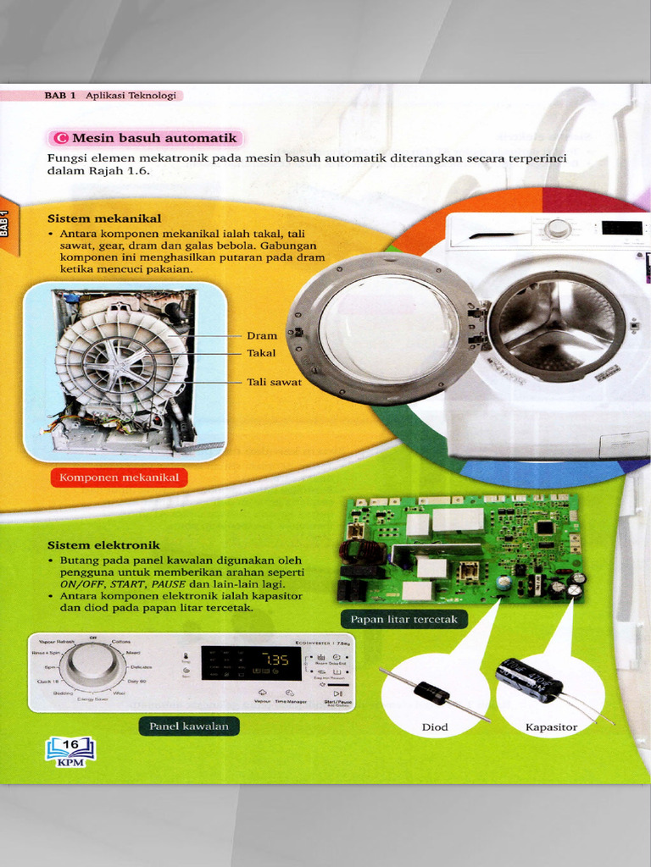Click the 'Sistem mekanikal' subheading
pos(103,218)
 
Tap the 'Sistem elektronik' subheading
pos(103,545)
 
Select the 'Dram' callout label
pos(262,336)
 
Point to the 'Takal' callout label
pos(261,353)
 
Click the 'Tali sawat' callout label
pos(274,382)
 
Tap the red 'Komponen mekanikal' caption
pos(120,478)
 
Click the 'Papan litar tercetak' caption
pos(403,619)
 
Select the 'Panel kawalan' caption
pos(188,726)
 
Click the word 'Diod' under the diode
pos(435,726)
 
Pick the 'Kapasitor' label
pos(551,726)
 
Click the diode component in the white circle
pos(432,693)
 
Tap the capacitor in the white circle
pos(528,681)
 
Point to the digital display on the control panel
pos(251,663)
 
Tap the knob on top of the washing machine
pos(557,229)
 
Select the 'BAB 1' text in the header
pos(60,96)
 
